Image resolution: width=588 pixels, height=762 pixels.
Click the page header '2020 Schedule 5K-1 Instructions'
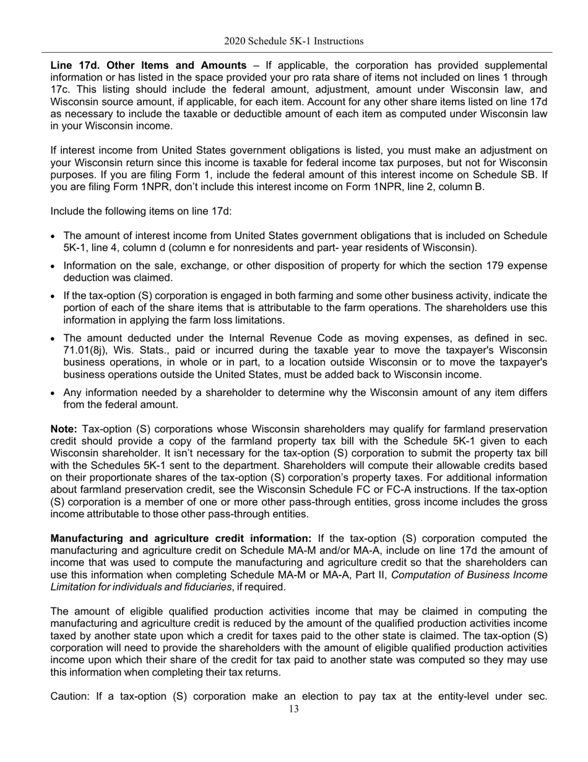point(293,42)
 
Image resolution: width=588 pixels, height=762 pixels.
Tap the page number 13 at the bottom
point(293,709)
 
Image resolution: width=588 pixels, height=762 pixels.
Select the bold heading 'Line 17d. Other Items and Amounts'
point(149,66)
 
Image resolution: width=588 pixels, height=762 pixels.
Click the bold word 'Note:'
point(64,429)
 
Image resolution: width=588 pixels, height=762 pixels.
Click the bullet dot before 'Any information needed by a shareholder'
point(54,393)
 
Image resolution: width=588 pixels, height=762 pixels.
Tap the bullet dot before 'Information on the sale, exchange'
point(54,266)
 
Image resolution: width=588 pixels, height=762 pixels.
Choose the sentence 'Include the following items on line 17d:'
point(141,212)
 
